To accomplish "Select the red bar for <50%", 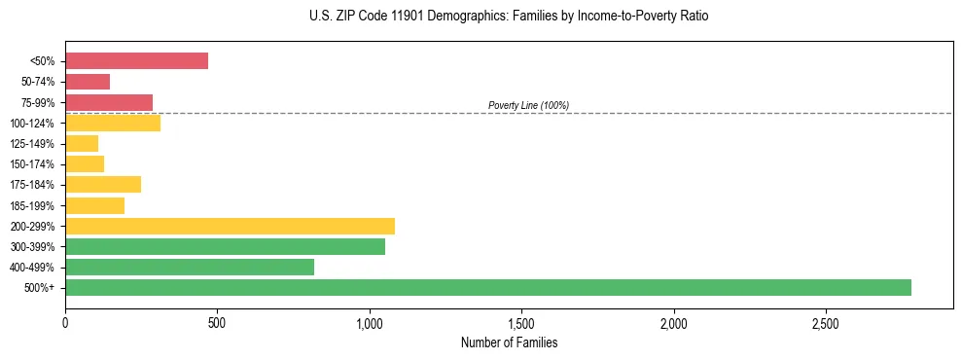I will click(136, 60).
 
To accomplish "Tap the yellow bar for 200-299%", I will click(230, 227).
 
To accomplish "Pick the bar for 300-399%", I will click(225, 247).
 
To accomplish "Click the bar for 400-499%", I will click(190, 268).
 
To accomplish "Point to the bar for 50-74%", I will click(88, 82).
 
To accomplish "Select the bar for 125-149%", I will click(82, 144).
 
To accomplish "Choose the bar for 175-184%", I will click(103, 185).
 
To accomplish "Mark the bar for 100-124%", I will click(113, 123).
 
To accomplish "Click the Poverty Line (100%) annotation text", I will click(528, 105).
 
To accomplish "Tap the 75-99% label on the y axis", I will click(37, 102).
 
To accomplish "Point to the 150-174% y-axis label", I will click(32, 164).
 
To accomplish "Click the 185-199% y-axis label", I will click(32, 206).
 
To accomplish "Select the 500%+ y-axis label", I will click(41, 288).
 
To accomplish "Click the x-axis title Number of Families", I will click(509, 342).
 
